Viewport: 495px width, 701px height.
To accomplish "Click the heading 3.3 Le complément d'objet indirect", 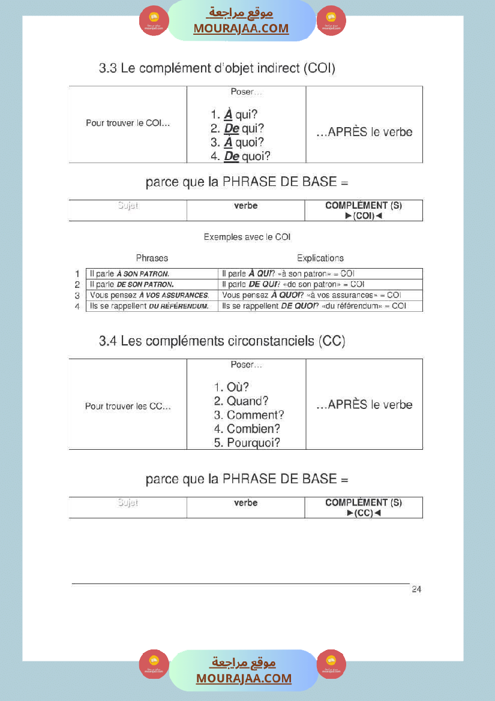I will coord(217,68).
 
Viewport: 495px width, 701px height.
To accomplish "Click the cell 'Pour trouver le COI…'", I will coord(128,123).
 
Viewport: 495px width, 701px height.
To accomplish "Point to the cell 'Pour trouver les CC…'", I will coord(128,406).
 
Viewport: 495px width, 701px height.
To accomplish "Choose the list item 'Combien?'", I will coord(247,429).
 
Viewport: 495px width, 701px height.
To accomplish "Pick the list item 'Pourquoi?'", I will coord(247,443).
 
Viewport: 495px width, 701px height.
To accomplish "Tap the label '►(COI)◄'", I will coord(364,215).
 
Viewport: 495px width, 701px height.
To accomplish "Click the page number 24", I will coord(416,589).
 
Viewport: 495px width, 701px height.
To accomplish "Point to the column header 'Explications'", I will coord(320,258).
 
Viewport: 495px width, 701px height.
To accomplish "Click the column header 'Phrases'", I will coord(152,258).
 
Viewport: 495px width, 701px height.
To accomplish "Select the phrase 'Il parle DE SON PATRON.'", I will coord(131,284).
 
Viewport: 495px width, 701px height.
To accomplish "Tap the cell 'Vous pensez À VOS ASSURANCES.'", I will coord(149,295).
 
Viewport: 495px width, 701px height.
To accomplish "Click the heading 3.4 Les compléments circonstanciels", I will coord(222,341).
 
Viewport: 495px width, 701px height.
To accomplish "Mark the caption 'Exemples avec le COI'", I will coord(247,237).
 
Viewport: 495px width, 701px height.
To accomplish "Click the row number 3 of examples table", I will coord(77,296).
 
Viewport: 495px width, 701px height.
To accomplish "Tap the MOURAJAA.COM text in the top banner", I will coord(241,28).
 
